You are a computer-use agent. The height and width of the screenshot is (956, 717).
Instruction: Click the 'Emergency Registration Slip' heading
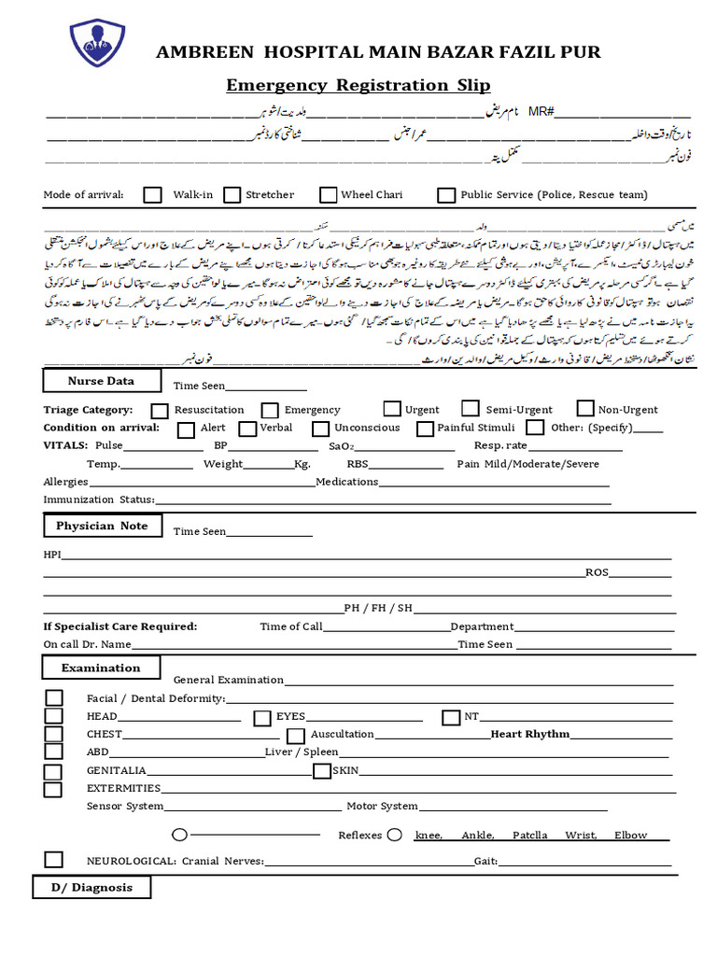point(358,86)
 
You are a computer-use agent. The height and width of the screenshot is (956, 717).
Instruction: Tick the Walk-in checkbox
point(153,195)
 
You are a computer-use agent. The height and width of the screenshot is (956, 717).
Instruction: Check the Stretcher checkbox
point(232,195)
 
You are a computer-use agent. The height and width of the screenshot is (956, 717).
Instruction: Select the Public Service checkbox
point(446,195)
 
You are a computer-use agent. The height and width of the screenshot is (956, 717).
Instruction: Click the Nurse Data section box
point(101,381)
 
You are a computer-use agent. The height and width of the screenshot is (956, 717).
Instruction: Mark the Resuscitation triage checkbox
point(160,410)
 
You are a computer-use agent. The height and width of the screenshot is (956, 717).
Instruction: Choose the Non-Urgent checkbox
point(585,409)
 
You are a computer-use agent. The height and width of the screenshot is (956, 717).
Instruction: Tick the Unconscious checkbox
point(319,429)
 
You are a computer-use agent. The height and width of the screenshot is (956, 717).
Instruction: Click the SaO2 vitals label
point(340,446)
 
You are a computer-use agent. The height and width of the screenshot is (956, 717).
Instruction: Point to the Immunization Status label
point(99,500)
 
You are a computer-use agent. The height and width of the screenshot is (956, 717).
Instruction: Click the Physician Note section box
point(102,527)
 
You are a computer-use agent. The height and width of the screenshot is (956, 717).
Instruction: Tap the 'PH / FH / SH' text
point(378,608)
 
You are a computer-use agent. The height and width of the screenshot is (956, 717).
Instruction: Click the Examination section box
point(101,668)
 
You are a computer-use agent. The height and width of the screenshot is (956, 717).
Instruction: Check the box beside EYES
point(262,717)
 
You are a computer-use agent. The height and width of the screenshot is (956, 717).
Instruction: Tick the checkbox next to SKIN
point(322,771)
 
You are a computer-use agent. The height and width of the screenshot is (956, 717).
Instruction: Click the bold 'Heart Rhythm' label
point(530,735)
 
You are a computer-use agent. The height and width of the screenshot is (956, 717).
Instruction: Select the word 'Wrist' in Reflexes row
point(581,836)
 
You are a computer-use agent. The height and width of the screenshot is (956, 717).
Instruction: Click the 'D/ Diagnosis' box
point(91,888)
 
